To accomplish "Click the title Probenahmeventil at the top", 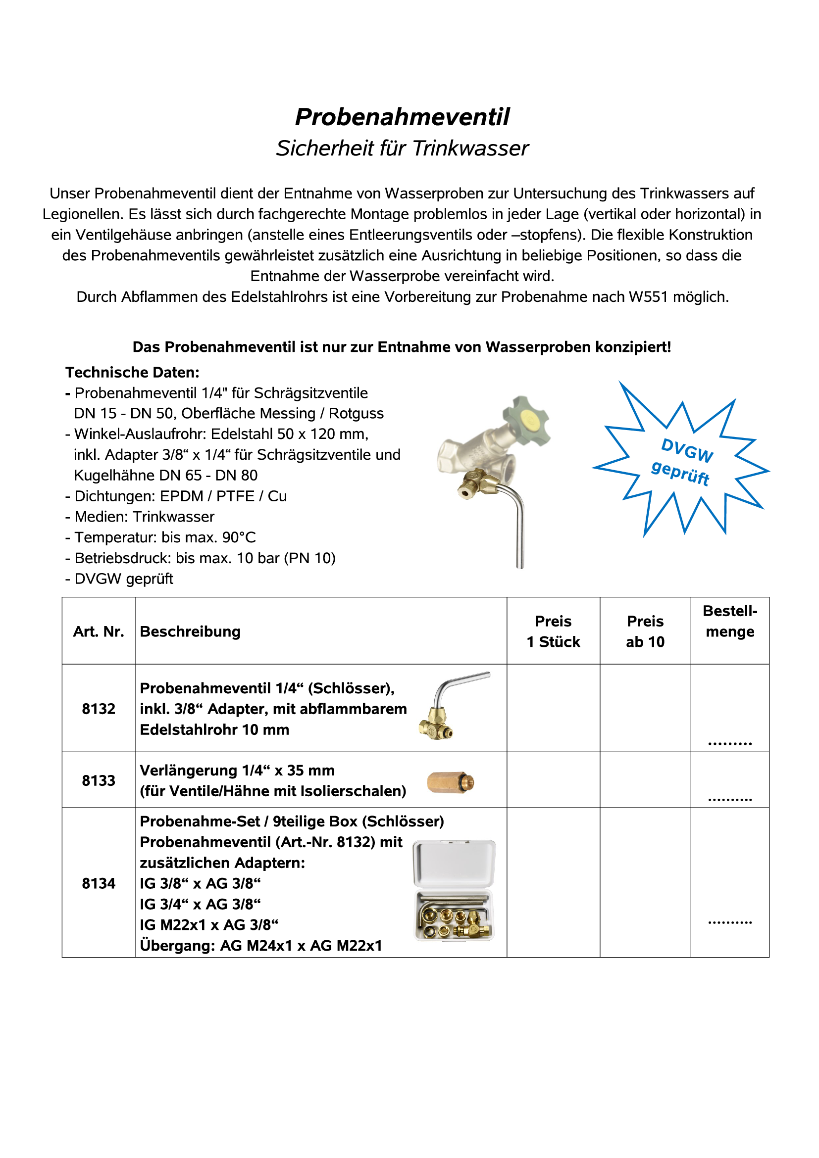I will click(x=402, y=117).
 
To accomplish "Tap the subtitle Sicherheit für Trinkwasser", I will click(x=402, y=148).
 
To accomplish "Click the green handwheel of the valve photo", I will click(x=527, y=420).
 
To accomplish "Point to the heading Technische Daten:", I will click(x=132, y=372).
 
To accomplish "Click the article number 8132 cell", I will click(x=99, y=709).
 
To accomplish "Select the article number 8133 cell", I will click(x=99, y=780).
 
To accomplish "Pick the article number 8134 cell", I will click(x=99, y=883).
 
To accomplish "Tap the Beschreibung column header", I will click(x=190, y=631).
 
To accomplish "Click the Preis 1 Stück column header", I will click(x=553, y=631).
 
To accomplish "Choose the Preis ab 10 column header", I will click(x=645, y=631).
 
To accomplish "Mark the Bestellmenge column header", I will click(x=730, y=622).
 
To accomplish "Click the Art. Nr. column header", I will click(x=99, y=631).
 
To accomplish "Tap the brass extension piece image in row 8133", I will click(x=450, y=782).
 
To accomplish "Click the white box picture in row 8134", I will click(x=454, y=890).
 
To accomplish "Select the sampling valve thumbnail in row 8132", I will click(x=446, y=706).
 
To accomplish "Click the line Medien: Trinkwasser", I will click(x=144, y=517).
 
